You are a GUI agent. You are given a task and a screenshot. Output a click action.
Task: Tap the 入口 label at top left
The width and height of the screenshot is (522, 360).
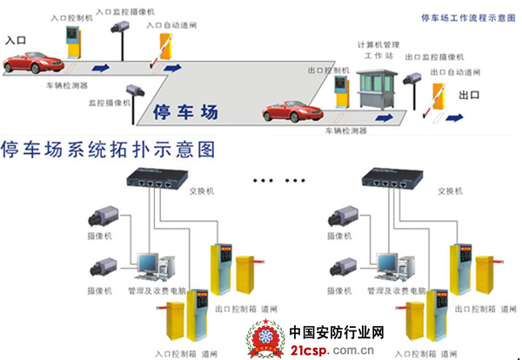[16, 40]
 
